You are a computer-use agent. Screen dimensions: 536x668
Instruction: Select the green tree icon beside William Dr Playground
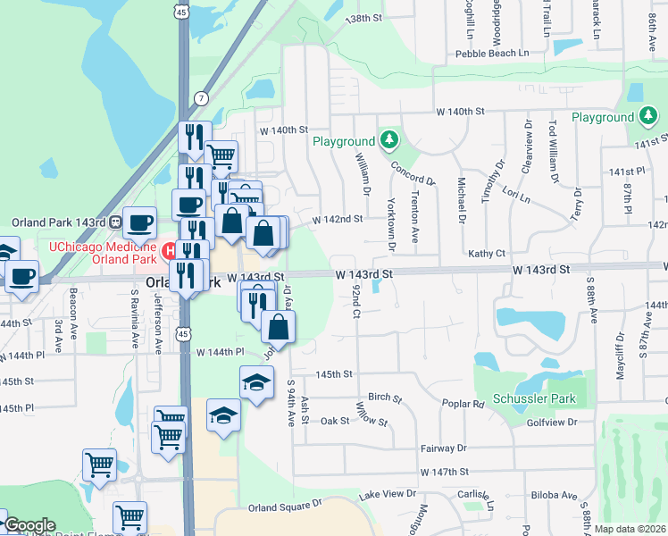(388, 139)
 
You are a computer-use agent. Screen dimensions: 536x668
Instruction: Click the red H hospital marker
(167, 247)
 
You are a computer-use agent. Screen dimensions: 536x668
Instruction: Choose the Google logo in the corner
(29, 525)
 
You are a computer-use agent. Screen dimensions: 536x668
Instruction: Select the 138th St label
(363, 18)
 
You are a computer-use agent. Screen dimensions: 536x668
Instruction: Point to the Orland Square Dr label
(284, 507)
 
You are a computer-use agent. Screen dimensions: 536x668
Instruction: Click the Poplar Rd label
(463, 404)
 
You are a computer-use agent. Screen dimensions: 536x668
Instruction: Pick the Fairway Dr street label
(444, 448)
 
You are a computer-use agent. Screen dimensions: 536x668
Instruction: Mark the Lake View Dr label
(388, 493)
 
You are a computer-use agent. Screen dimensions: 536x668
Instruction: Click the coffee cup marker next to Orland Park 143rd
(139, 221)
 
